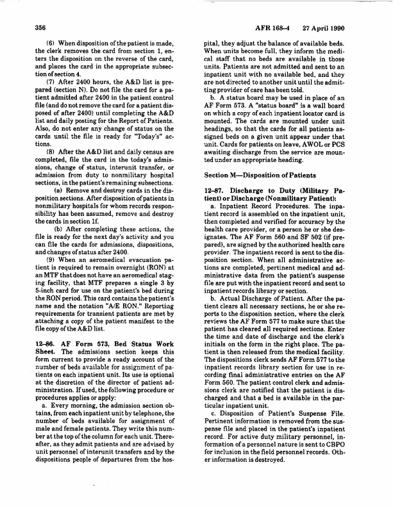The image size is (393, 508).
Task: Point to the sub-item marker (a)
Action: pyautogui.click(x=59, y=190)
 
